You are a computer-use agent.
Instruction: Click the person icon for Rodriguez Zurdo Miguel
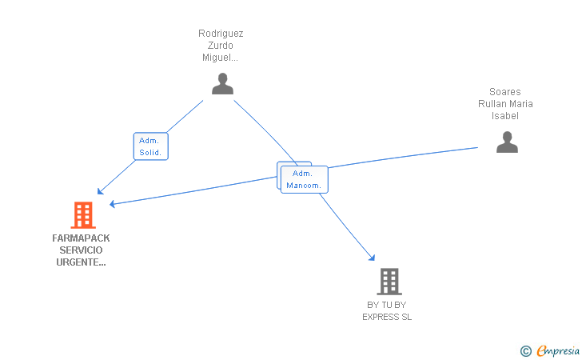(x=223, y=83)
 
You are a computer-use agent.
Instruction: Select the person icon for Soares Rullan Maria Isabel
(x=507, y=142)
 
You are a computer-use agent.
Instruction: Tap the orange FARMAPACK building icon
(x=83, y=215)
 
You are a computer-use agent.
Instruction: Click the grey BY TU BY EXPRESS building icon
(x=389, y=282)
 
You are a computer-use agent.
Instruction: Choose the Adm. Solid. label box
(x=150, y=146)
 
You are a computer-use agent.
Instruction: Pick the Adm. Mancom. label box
(x=305, y=179)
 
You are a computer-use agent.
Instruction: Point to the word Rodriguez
(x=221, y=34)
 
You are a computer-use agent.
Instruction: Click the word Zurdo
(x=221, y=46)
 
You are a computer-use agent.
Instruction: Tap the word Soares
(x=505, y=92)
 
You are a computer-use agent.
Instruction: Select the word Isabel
(x=505, y=116)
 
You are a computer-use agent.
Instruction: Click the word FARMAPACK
(x=81, y=238)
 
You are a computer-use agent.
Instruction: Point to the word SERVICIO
(x=81, y=250)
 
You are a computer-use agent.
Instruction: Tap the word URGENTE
(x=81, y=262)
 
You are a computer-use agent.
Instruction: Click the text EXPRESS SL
(x=387, y=317)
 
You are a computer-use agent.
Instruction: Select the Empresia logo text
(x=558, y=350)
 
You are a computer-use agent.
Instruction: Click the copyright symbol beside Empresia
(x=526, y=351)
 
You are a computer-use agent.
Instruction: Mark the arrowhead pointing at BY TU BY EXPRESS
(x=372, y=258)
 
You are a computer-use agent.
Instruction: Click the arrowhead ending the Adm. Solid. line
(x=100, y=191)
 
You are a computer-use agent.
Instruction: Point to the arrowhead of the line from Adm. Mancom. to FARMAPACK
(x=112, y=203)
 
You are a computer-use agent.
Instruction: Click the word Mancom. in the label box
(x=304, y=186)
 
